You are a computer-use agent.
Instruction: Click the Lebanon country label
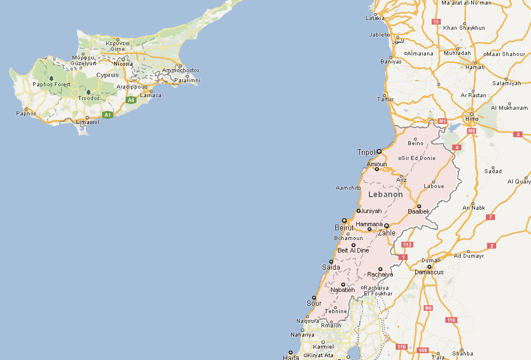point(385,194)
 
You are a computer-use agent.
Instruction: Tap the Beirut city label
point(344,228)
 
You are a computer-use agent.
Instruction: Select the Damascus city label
point(428,272)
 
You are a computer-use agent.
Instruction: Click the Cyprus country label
point(107,75)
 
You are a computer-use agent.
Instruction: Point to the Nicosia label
point(123,64)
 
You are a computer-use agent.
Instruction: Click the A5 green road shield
point(131,100)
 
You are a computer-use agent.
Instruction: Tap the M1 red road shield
point(442,121)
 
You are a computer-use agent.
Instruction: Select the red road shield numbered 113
point(407,245)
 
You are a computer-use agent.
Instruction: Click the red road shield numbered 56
point(436,22)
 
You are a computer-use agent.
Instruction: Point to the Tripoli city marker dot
point(379,151)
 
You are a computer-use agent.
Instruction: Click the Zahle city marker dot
point(387,226)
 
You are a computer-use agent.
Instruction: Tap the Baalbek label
point(419,211)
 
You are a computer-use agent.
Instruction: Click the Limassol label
point(88,122)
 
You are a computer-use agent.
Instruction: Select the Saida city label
point(331,267)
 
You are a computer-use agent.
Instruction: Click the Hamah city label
point(474,67)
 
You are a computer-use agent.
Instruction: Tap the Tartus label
point(385,99)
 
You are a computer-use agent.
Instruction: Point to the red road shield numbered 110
point(451,320)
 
